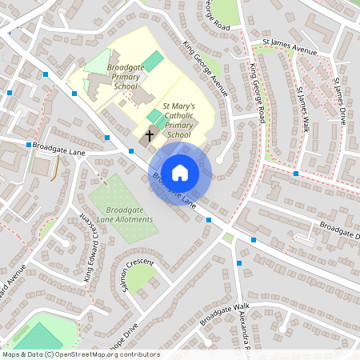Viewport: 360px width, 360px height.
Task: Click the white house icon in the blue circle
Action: tap(180, 171)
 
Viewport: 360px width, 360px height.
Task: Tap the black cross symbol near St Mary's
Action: tap(149, 137)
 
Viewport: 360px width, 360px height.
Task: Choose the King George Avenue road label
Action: tap(206, 69)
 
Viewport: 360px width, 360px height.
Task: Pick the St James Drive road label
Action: tap(341, 100)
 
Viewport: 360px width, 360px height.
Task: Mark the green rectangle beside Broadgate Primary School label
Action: tap(153, 60)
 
